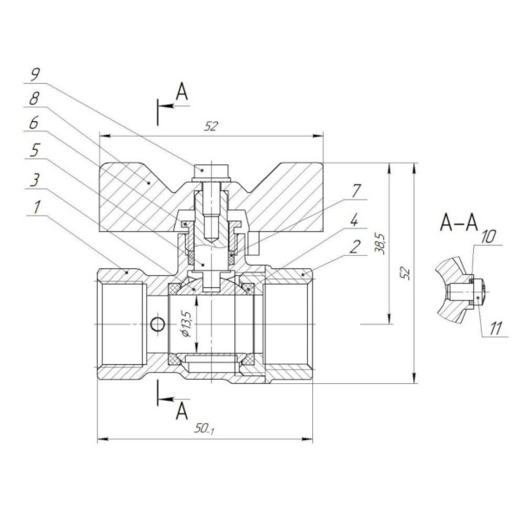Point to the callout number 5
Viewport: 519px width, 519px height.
tap(35, 151)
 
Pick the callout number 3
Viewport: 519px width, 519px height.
tap(35, 180)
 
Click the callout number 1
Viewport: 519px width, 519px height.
tap(35, 208)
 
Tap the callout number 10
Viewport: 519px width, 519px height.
tap(489, 236)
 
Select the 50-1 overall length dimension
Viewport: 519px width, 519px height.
tap(204, 430)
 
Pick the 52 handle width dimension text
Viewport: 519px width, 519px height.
tap(211, 126)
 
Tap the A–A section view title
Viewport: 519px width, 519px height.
tap(459, 223)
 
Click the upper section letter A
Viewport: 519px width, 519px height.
tap(181, 91)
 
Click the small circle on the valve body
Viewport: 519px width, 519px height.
tap(156, 324)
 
